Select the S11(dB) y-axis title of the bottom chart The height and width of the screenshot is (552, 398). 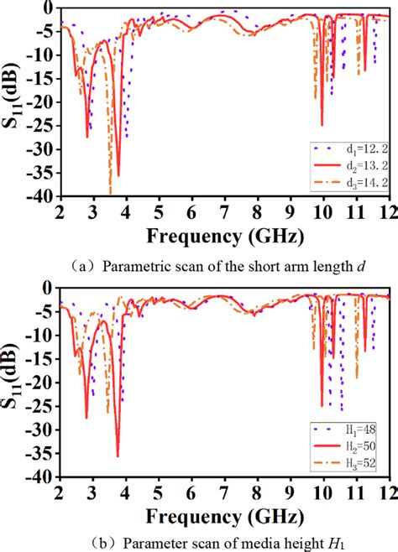(14, 382)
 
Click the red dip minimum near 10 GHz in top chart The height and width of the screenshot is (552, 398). (322, 125)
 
